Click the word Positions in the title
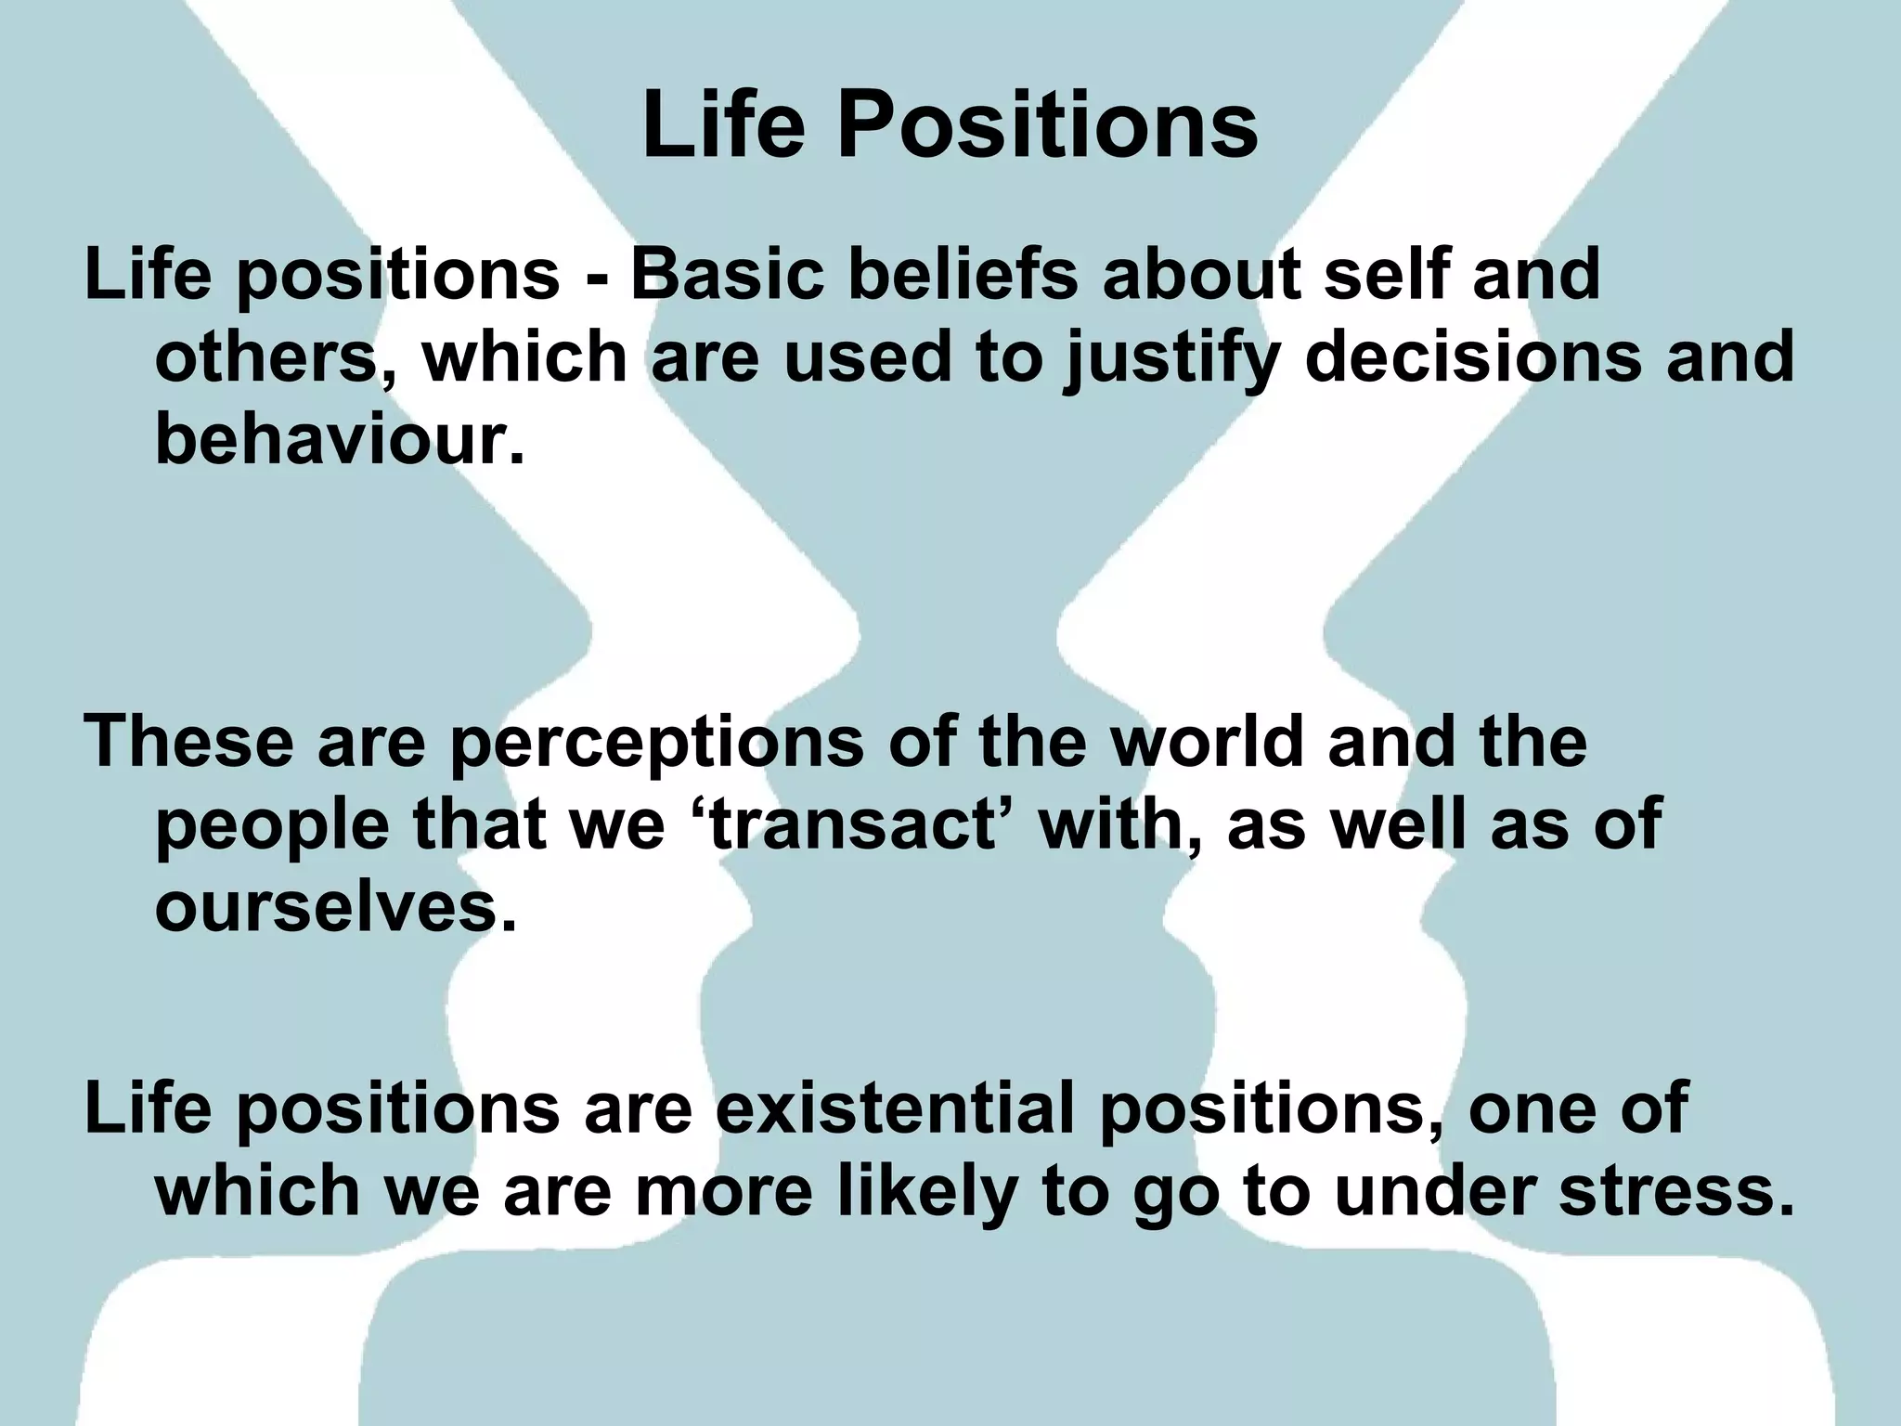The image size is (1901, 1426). point(1048,127)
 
